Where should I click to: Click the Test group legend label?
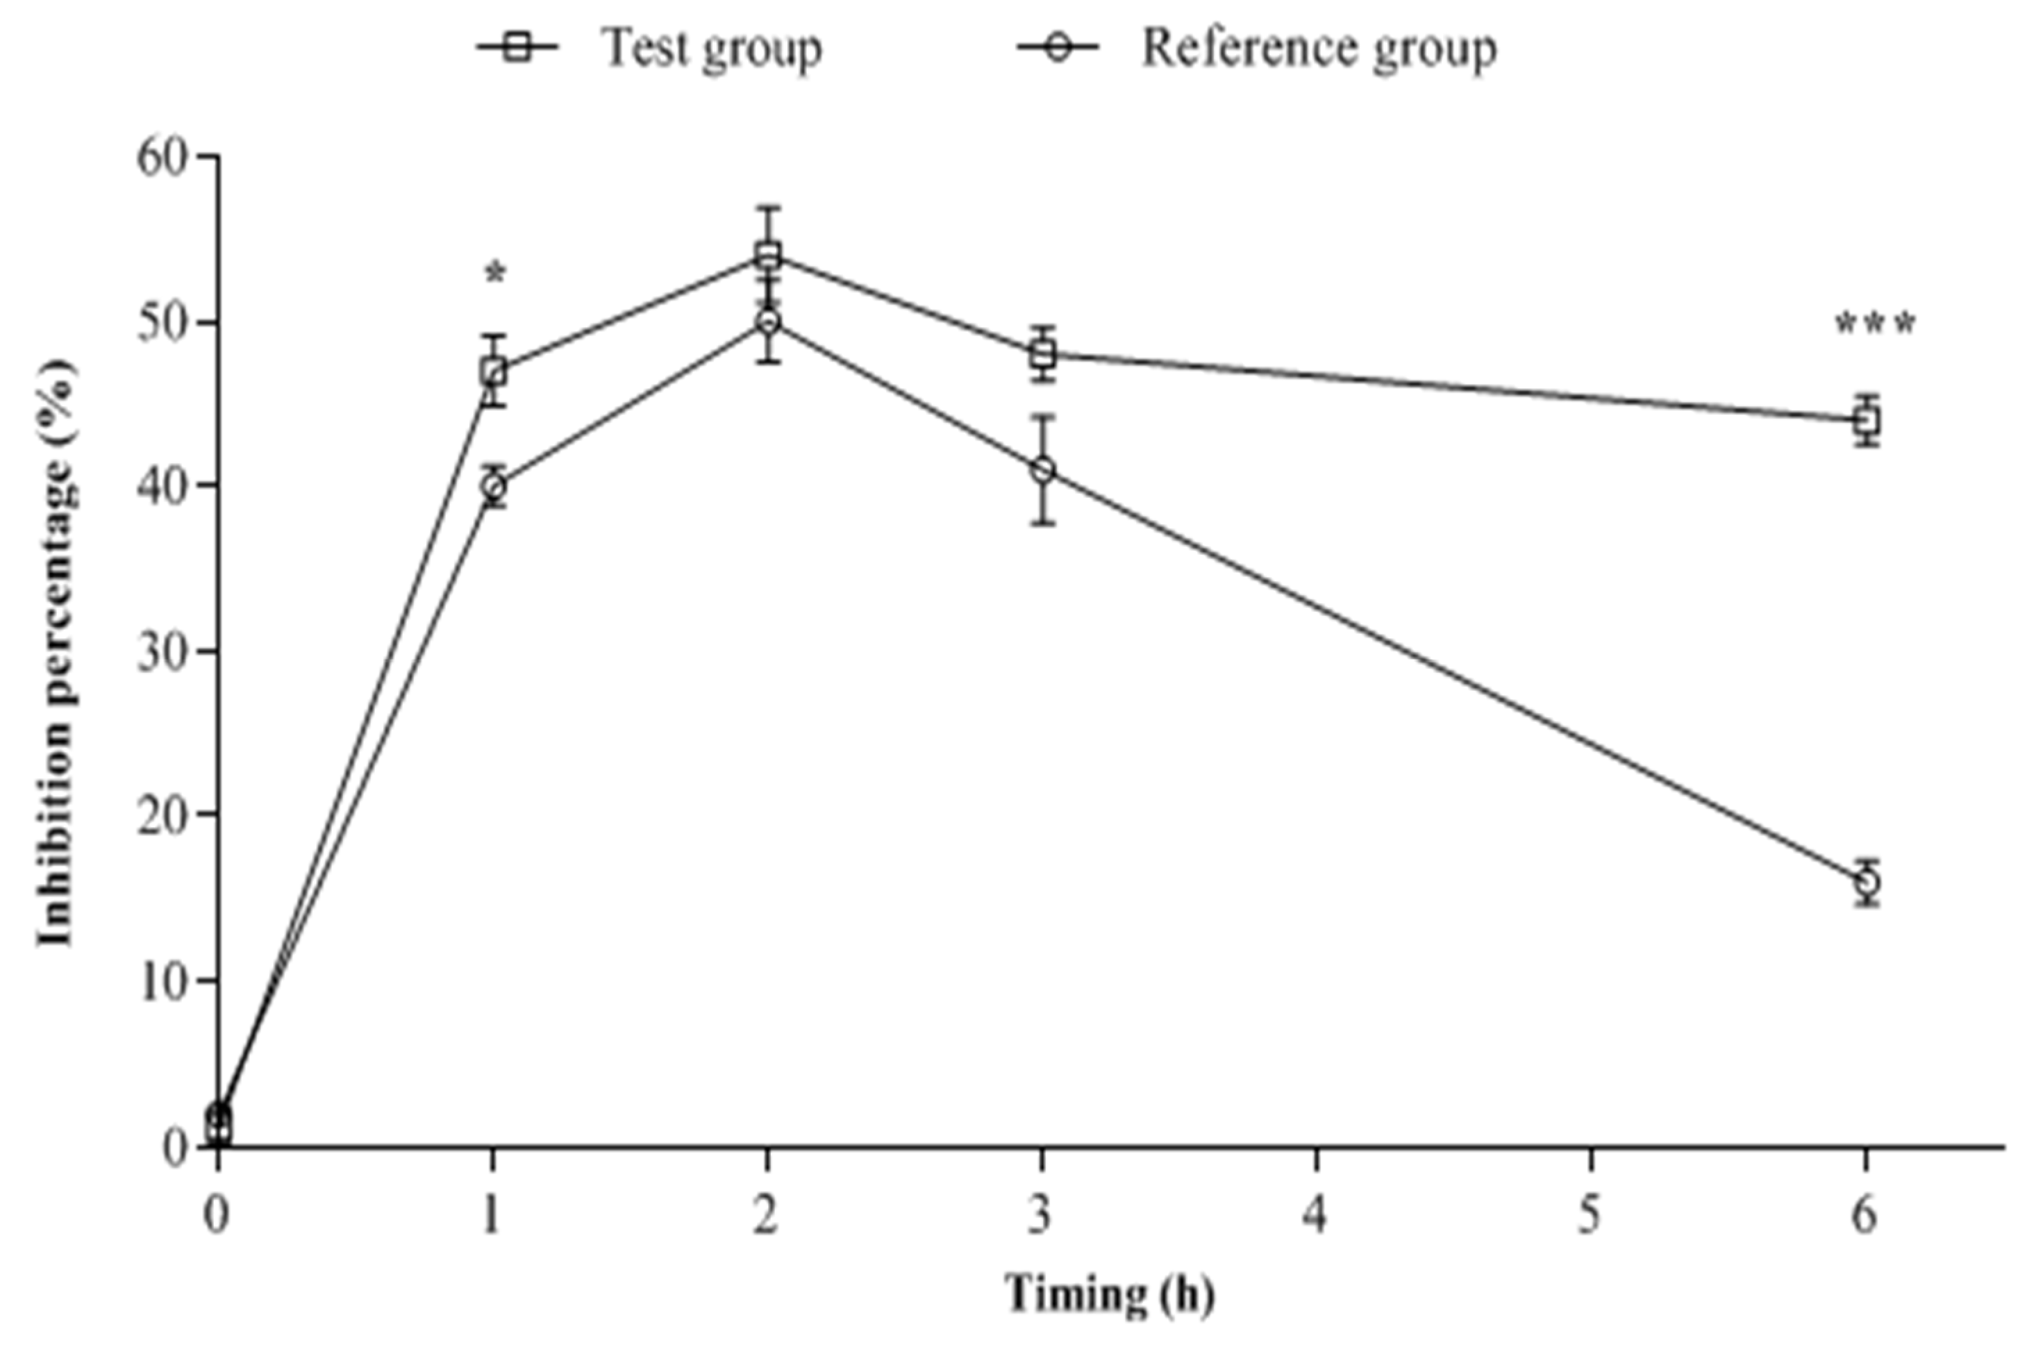(712, 49)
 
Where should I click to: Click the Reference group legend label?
(1319, 49)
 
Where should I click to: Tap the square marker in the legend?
(517, 47)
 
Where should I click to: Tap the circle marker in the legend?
(1058, 47)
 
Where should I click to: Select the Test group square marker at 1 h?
(492, 371)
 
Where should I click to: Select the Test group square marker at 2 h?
(768, 255)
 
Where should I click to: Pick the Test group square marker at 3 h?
(1042, 353)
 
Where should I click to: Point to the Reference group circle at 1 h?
(492, 486)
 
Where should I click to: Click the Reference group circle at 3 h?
(1042, 470)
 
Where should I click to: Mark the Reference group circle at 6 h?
(1867, 882)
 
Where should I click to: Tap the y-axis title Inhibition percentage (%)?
(57, 652)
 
